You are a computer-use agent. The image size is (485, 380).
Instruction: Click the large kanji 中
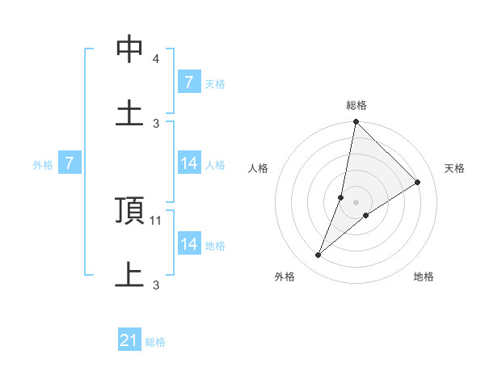coord(129,49)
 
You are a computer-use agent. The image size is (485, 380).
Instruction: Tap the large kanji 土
coord(129,112)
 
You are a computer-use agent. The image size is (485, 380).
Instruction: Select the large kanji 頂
coord(129,211)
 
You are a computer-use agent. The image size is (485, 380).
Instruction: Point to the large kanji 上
coord(129,274)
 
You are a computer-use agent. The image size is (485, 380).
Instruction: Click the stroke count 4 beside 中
coord(155,59)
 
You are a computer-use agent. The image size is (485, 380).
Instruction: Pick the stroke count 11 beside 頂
coord(157,220)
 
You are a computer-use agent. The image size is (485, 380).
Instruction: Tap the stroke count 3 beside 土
coord(156,123)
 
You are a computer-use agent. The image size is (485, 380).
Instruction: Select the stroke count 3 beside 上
coord(156,285)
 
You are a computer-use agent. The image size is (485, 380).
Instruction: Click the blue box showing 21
coord(129,340)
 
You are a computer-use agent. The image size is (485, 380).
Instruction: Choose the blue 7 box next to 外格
coord(70,164)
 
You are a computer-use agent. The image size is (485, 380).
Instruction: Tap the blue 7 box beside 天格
coord(188,82)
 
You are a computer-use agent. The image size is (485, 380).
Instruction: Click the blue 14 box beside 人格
coord(188,163)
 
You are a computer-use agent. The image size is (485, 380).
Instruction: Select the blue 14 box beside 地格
coord(188,244)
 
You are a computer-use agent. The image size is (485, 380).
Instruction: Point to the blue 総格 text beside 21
coord(155,342)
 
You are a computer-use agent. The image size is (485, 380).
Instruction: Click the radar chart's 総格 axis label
coord(356,105)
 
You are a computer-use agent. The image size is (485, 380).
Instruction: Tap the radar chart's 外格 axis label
coord(285,277)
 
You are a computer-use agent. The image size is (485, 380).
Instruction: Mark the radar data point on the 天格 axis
coord(418,182)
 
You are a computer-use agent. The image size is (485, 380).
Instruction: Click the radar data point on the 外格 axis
coord(318,255)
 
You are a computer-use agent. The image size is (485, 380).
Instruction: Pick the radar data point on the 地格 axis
coord(366,215)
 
